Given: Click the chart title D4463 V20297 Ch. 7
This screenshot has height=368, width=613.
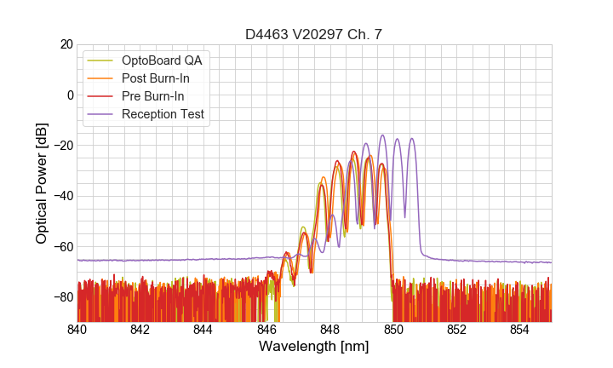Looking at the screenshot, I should pos(313,34).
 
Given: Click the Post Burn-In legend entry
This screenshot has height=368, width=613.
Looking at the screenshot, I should pos(156,78).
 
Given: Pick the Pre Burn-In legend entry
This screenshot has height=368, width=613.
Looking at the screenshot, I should pos(153,96).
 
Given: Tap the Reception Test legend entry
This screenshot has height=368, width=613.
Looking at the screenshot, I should pos(163,114).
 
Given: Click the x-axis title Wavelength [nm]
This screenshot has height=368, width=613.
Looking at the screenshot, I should pos(313,347).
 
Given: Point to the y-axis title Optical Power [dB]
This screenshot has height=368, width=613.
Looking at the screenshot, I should pos(42,183).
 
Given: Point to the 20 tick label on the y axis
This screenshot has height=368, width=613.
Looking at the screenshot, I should pos(65,44).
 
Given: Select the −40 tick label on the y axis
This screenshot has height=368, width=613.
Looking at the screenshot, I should pos(61,196).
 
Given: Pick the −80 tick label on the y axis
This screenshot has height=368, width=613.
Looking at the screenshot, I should pos(61,297).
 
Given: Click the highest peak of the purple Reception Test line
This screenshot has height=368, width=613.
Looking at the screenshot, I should pos(382,135).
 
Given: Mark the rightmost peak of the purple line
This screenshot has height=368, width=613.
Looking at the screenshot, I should pos(412,138).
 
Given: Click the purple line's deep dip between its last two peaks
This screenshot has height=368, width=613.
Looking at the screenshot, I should pos(405,216).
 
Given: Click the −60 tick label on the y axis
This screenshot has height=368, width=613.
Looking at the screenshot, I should pos(61,247).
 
